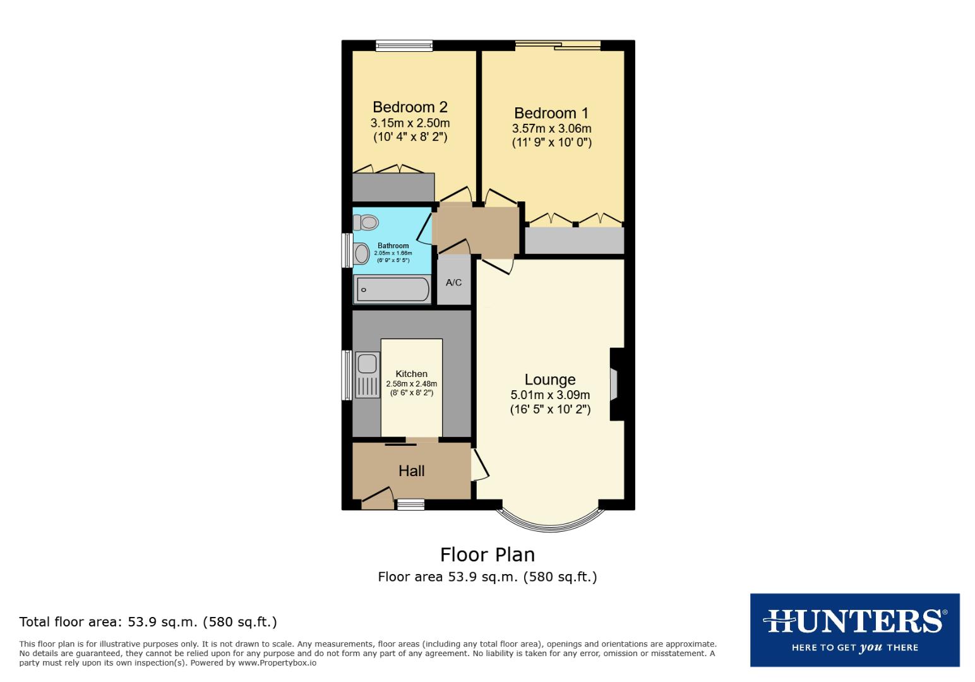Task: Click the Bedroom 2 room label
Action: (410, 107)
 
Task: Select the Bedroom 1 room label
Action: (551, 113)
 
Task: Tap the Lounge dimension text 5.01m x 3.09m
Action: (550, 395)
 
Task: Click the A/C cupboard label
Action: (453, 282)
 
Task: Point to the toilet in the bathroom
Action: (366, 222)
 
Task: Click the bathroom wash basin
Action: (362, 254)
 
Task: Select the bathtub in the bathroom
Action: (392, 290)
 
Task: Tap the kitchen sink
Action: (367, 364)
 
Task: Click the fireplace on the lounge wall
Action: (614, 383)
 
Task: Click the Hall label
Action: (411, 470)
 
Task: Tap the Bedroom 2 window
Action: (404, 45)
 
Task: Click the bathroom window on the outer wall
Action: (347, 251)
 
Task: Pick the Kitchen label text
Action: (411, 374)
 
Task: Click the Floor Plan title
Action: (487, 554)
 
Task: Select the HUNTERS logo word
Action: (854, 621)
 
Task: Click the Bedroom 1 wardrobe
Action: (574, 241)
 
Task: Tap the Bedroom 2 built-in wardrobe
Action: (393, 188)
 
